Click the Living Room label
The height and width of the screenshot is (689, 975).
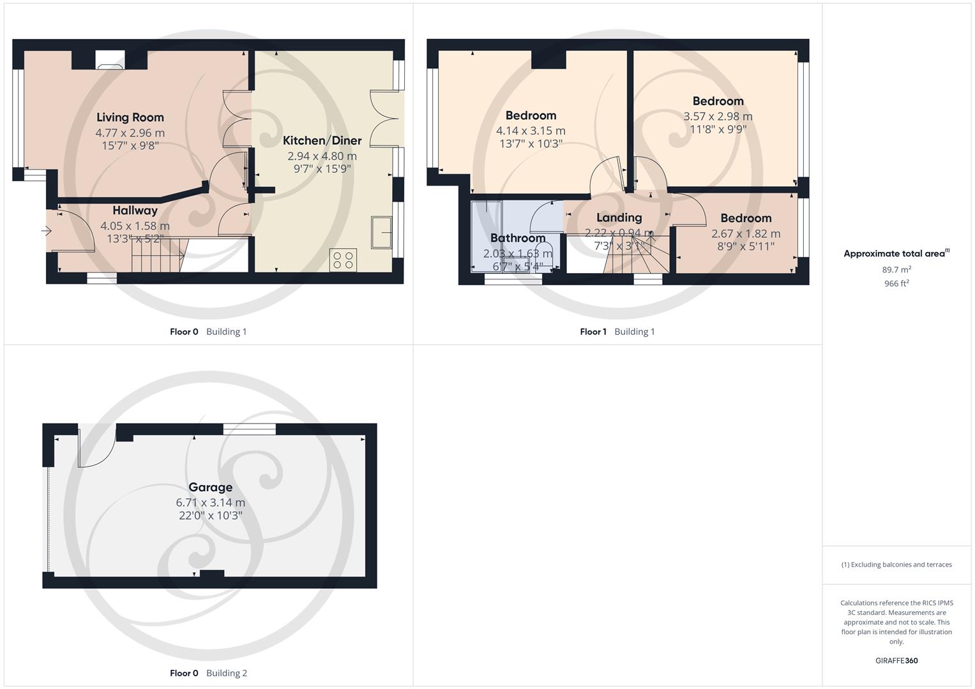coord(130,117)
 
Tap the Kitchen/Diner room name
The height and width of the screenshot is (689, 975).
coord(322,140)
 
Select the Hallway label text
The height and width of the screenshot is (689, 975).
coord(135,211)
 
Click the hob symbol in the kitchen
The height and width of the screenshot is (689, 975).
coord(344,260)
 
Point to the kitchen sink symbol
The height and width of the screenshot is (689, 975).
coord(382,232)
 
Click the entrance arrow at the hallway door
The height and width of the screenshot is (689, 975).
coord(47,231)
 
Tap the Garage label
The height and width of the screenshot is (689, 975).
coord(210,487)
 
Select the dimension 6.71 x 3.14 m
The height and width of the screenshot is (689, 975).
coord(210,503)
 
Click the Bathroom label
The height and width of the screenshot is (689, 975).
coord(518,238)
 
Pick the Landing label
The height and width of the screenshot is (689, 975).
coord(619,218)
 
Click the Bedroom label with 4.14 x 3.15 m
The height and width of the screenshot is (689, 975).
coord(531,115)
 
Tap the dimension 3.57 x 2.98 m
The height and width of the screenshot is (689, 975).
coord(718,116)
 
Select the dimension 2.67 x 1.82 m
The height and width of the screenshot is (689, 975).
coord(746,233)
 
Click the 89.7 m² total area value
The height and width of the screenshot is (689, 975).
coord(896,270)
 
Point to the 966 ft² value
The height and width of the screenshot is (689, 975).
coord(896,283)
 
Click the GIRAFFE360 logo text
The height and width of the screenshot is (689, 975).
coord(896,660)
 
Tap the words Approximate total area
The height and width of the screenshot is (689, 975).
coord(894,254)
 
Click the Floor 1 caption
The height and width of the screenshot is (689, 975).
coord(593,332)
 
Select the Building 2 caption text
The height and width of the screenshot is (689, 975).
coord(227,673)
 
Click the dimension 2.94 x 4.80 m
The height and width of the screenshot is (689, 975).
coord(322,156)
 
